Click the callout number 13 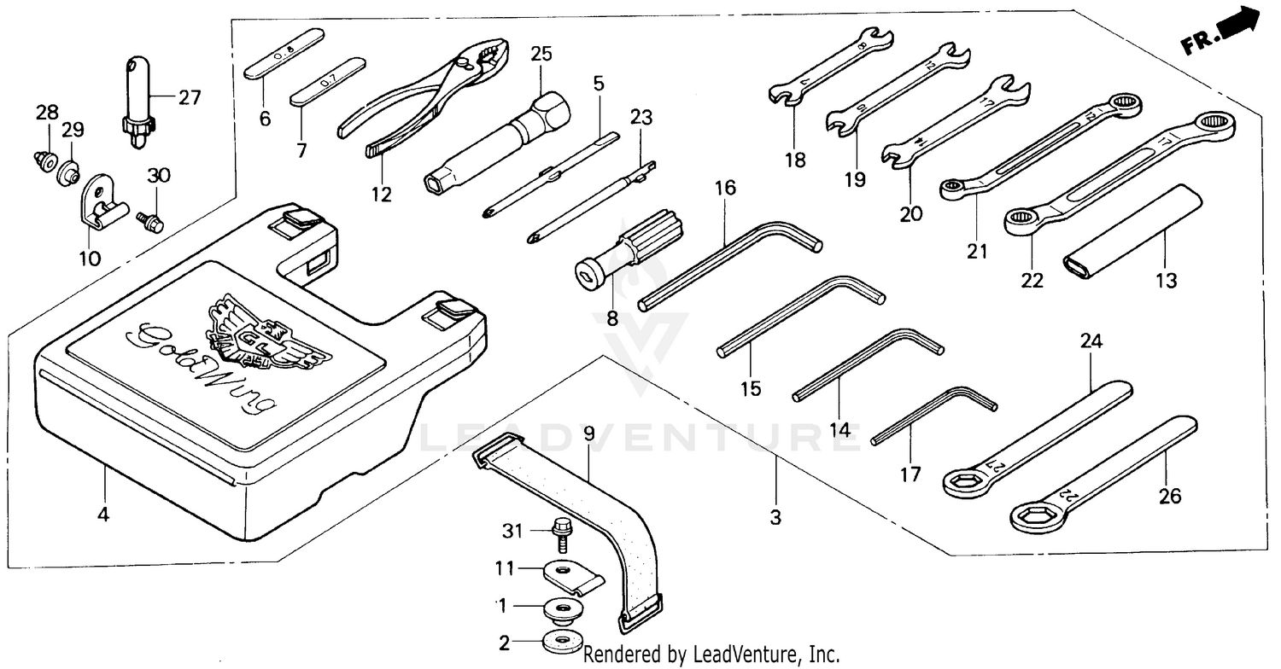(x=1166, y=280)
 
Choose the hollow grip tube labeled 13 (x=1132, y=229)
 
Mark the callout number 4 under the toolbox (x=104, y=515)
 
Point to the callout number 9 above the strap (x=589, y=433)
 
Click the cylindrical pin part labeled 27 (x=136, y=98)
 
